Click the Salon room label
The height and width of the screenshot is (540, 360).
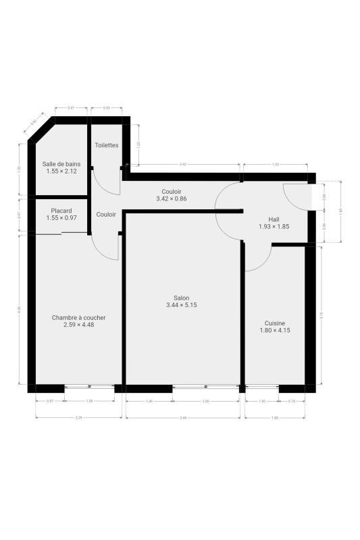(181, 298)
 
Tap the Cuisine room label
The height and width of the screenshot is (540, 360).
(274, 323)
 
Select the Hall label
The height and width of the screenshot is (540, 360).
(274, 219)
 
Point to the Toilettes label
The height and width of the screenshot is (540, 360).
(107, 145)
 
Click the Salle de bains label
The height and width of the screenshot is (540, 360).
(61, 164)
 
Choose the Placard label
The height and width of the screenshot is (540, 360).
(61, 211)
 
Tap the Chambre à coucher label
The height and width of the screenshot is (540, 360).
(78, 317)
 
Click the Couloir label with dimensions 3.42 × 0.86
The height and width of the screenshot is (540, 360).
(171, 192)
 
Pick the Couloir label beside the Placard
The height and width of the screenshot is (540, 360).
(106, 215)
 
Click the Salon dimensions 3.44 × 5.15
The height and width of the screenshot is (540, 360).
(181, 306)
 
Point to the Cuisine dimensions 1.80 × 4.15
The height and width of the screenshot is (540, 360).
(274, 331)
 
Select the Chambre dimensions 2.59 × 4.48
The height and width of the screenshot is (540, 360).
(78, 325)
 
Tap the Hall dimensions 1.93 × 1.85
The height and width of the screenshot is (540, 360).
(274, 227)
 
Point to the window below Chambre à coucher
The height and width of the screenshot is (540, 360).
(89, 387)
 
